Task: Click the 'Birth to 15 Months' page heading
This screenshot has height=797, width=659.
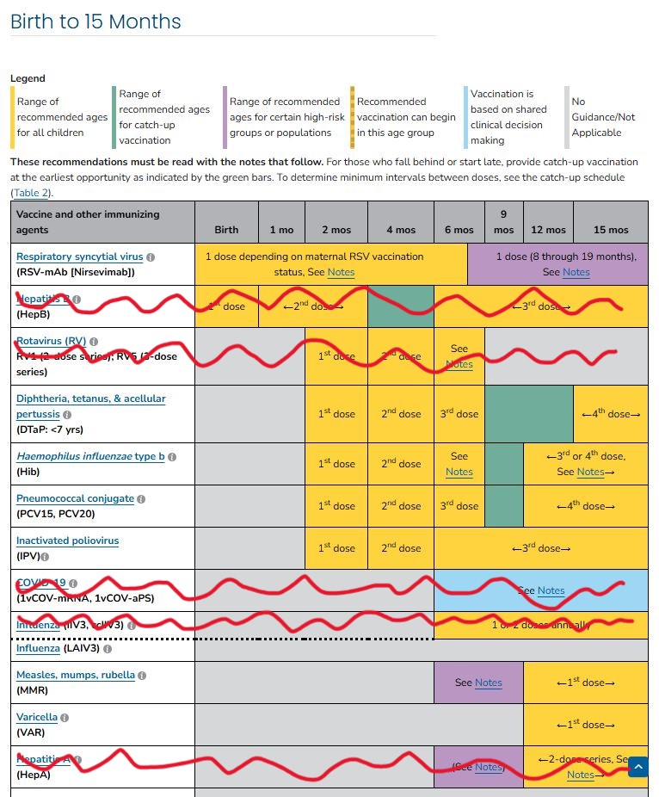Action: click(95, 22)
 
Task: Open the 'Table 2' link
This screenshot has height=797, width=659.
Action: click(32, 193)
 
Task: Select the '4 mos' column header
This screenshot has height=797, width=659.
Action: click(400, 230)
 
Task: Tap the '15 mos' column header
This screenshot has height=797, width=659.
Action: click(611, 230)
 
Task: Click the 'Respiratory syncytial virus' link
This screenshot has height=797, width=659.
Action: click(79, 256)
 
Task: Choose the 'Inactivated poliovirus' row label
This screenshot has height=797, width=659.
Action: click(67, 541)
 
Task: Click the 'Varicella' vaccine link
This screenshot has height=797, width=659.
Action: click(37, 717)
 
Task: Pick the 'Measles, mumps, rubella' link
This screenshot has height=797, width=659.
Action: click(76, 675)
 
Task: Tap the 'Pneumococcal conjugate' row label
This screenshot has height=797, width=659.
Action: click(75, 498)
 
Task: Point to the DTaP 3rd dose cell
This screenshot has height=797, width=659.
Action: click(459, 414)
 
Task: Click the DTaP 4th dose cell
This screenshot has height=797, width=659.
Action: click(611, 414)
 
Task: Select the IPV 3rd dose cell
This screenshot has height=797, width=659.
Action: click(540, 548)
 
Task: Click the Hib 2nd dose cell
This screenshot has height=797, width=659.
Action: click(400, 464)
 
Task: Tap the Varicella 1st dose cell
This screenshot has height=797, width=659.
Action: click(585, 725)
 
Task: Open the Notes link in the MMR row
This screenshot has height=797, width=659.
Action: click(488, 683)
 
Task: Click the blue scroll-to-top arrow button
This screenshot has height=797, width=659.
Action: click(637, 767)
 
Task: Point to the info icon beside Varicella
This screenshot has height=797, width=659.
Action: click(65, 717)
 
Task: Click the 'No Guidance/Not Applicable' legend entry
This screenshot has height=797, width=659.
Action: click(603, 117)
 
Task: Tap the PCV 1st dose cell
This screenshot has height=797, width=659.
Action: click(336, 506)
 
